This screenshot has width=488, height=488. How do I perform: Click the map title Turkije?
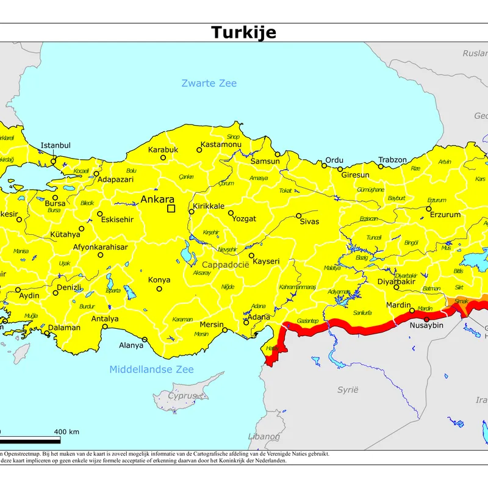coord(243,32)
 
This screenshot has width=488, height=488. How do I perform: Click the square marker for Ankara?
coord(171,209)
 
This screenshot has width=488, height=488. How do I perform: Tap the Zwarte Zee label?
coord(209,83)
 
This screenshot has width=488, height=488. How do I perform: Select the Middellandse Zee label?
coord(151,369)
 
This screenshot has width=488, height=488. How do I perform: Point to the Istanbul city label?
coord(56,145)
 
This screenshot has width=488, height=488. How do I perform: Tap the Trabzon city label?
coord(392,160)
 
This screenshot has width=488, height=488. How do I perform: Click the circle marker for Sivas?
coord(299,215)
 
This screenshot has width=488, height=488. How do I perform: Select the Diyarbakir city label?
coord(396,281)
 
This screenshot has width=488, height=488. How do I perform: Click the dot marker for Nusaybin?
coord(426,319)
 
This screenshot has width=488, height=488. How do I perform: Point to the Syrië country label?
coord(348,389)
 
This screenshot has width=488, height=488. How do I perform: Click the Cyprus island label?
coord(183,395)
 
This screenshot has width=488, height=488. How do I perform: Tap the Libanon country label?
coord(264,436)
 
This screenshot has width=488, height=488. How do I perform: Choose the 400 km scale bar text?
coord(66,432)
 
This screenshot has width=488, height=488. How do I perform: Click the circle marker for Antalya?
coord(105,326)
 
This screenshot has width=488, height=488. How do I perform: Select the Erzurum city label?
coord(445,215)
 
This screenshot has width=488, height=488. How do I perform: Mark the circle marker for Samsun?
coord(277,154)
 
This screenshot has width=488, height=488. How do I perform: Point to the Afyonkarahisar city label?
coord(100,247)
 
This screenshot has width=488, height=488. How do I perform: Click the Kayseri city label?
coord(266,261)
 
